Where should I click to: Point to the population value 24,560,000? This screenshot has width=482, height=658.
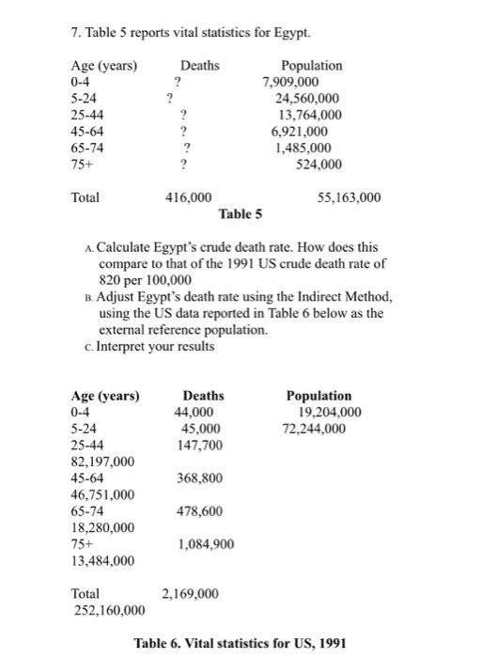(308, 98)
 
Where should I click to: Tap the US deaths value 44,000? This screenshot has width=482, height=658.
(194, 413)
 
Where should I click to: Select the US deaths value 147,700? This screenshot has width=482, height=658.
(199, 446)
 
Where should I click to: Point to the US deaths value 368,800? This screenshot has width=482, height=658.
(199, 478)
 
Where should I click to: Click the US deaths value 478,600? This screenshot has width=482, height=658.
(199, 511)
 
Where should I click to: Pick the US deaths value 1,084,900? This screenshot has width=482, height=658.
(204, 544)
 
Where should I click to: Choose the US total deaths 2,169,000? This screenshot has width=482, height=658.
(191, 594)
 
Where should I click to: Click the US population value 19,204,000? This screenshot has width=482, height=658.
(329, 413)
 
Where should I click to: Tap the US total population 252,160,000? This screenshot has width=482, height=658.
(108, 610)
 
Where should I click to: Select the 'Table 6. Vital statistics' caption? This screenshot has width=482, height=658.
(241, 644)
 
